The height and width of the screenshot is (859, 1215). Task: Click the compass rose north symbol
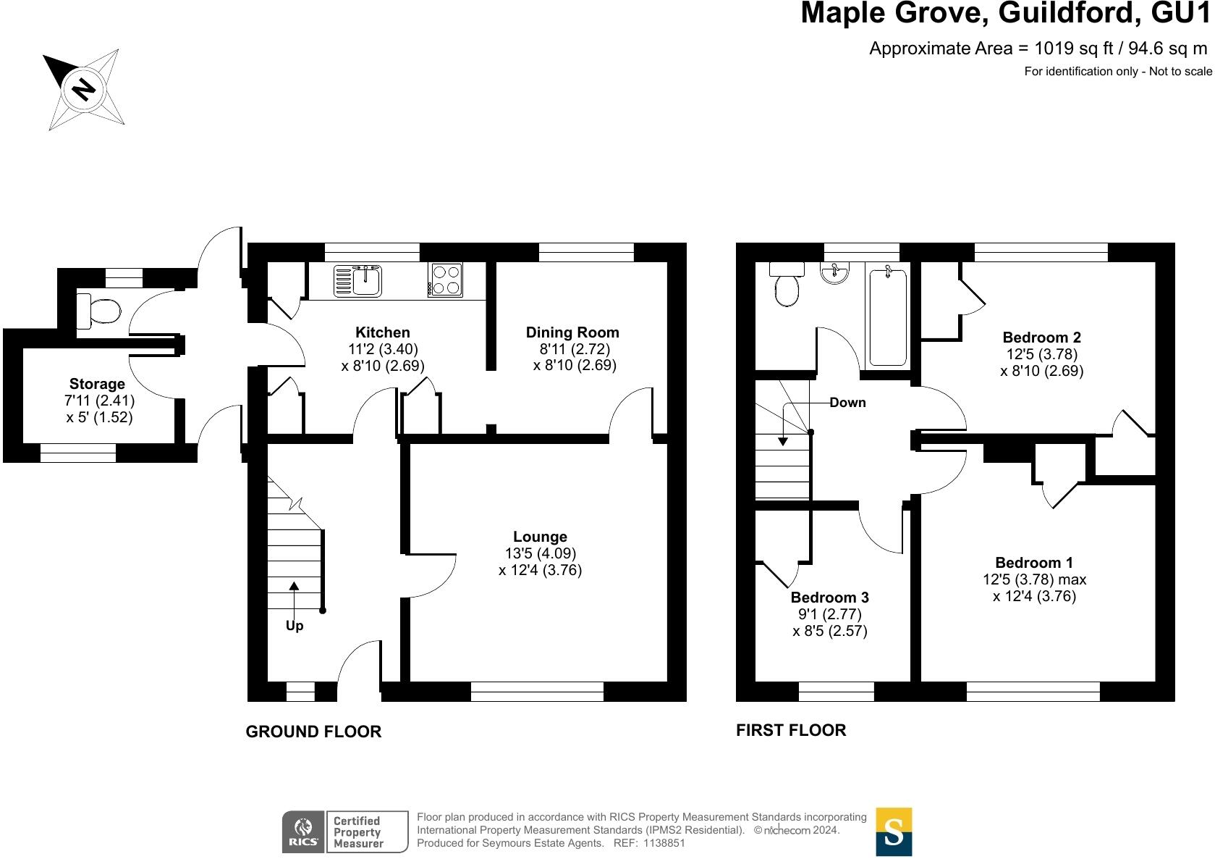(84, 89)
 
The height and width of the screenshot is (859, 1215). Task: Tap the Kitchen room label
(383, 332)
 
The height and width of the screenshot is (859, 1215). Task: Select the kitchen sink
(358, 280)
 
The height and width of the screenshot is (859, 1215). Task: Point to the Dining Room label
(572, 332)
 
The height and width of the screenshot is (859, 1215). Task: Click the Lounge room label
(540, 537)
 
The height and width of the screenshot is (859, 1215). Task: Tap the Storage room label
(97, 384)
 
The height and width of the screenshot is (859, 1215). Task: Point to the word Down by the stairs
(847, 403)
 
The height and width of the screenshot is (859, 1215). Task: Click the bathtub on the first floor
(887, 317)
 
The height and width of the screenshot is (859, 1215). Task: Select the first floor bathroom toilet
(787, 285)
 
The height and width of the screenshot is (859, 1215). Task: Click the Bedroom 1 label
(1034, 563)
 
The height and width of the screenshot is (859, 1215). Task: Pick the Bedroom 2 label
(1041, 338)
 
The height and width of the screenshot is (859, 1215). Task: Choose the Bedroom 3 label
(829, 598)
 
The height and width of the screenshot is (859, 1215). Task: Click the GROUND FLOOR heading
(313, 732)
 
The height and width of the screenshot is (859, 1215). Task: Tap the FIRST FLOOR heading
(791, 730)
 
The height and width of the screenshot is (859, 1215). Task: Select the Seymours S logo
(894, 832)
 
